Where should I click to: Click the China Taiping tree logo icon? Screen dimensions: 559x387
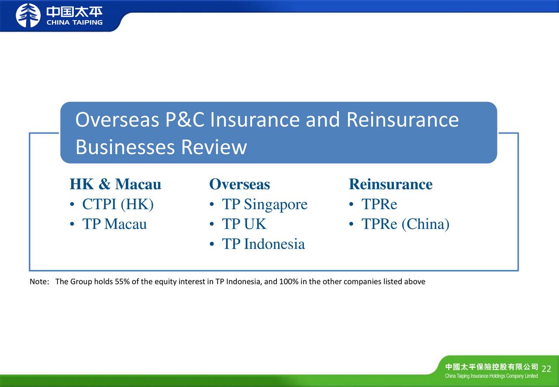pyautogui.click(x=28, y=15)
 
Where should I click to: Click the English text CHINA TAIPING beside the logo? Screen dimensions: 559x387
pyautogui.click(x=75, y=22)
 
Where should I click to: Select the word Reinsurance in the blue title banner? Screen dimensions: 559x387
pyautogui.click(x=403, y=120)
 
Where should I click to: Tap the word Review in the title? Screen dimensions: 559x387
pyautogui.click(x=214, y=147)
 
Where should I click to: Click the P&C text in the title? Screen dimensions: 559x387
pyautogui.click(x=185, y=120)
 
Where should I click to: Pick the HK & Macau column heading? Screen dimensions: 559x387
pyautogui.click(x=116, y=184)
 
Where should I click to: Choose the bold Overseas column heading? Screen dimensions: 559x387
pyautogui.click(x=240, y=184)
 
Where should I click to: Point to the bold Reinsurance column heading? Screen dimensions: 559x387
pyautogui.click(x=390, y=184)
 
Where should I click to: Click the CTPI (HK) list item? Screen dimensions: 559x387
pyautogui.click(x=118, y=204)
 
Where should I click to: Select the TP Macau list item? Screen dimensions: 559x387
pyautogui.click(x=114, y=224)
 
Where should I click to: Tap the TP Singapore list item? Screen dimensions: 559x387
pyautogui.click(x=265, y=205)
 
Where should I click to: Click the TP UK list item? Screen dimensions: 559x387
pyautogui.click(x=244, y=224)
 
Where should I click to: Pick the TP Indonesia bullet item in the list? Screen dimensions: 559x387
pyautogui.click(x=263, y=244)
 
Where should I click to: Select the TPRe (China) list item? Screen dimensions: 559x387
pyautogui.click(x=406, y=224)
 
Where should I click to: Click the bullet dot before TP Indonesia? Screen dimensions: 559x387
pyautogui.click(x=212, y=244)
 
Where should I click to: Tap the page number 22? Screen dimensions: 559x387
pyautogui.click(x=546, y=369)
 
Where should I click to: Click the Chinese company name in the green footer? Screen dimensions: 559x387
pyautogui.click(x=492, y=367)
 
